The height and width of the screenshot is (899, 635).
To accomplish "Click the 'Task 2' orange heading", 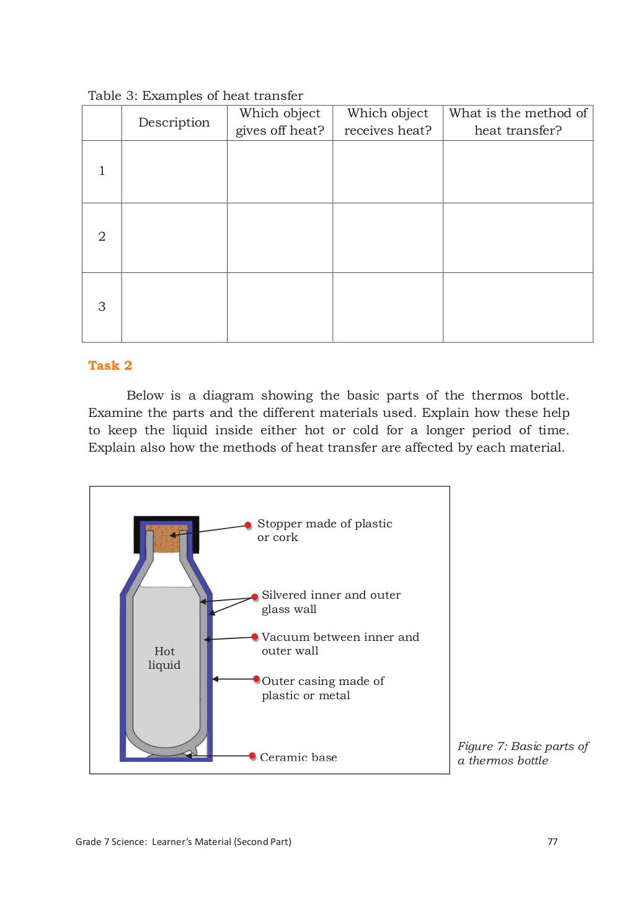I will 110,365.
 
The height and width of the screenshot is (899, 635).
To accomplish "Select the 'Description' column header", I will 174,122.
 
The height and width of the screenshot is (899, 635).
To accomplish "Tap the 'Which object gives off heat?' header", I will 280,122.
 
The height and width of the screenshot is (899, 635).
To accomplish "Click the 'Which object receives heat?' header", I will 388,122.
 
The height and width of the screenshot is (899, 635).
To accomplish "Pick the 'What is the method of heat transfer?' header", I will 518,122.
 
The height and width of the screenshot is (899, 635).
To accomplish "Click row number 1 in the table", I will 102,171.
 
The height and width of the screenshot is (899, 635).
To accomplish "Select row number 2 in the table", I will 102,236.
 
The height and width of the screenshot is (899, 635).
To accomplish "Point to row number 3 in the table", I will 102,306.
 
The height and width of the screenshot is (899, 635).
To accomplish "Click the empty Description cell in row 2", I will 174,238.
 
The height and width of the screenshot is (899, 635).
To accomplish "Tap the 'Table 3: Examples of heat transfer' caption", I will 195,96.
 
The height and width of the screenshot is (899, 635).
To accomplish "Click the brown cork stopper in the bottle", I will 166,539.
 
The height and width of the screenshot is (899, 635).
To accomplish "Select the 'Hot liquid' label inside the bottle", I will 164,658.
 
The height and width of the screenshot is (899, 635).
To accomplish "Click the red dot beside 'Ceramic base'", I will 252,756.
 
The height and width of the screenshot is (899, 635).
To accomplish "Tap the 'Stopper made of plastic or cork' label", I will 324,530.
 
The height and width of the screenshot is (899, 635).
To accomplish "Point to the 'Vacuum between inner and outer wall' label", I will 340,643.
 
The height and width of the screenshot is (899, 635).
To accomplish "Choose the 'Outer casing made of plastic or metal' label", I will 322,688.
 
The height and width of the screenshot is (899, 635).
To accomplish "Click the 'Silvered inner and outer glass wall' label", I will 331,602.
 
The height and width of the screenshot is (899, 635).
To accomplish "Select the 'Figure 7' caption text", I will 522,753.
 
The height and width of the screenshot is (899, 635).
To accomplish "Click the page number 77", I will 553,842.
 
